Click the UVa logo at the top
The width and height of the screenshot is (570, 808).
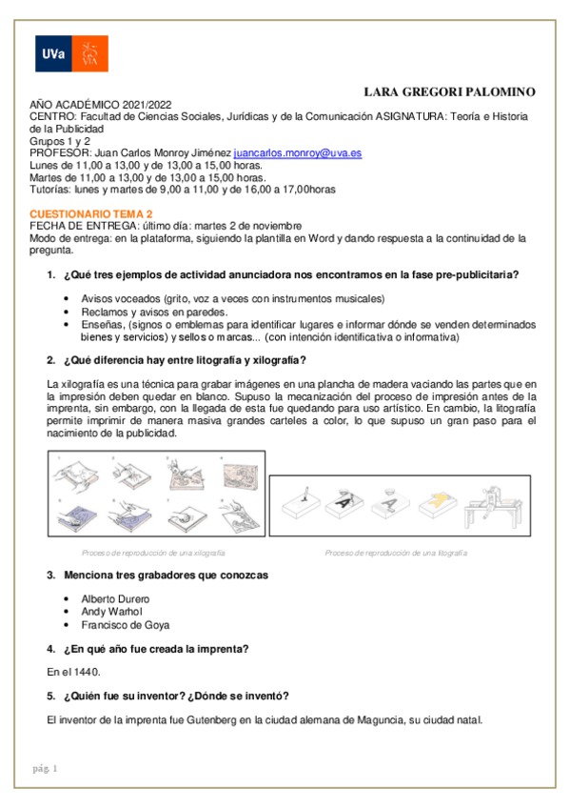click(x=71, y=53)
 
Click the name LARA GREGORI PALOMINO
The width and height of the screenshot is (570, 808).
click(x=450, y=91)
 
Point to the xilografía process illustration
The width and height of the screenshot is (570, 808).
click(x=153, y=498)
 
